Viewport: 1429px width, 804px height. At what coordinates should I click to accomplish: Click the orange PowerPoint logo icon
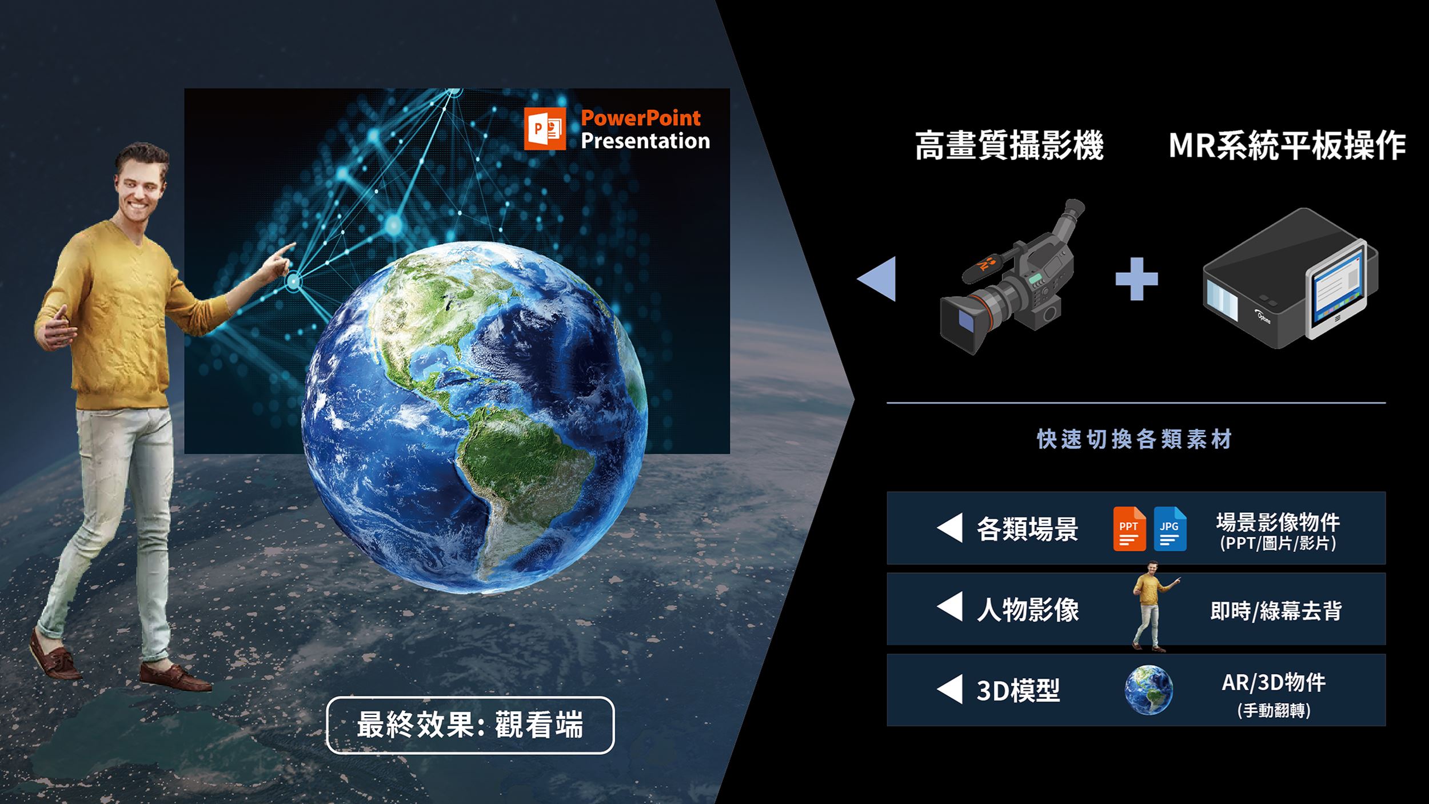point(545,129)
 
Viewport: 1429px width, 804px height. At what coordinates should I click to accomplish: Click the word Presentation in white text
point(645,141)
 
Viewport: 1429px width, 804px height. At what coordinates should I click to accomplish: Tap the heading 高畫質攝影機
point(1009,145)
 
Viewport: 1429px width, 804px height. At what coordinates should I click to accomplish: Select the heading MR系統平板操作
point(1287,145)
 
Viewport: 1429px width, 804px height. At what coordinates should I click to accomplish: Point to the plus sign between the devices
point(1136,279)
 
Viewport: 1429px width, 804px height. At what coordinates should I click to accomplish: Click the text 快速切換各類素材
point(1135,439)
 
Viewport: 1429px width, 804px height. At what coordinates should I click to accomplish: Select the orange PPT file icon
point(1129,529)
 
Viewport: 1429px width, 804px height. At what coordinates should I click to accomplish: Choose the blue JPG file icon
point(1170,529)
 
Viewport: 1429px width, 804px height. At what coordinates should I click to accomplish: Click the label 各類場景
point(1027,529)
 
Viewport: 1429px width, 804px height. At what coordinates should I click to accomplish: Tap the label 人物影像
point(1027,610)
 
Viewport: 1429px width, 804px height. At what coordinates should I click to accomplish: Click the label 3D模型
point(1018,690)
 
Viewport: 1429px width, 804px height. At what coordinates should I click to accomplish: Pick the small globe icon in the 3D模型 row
point(1148,690)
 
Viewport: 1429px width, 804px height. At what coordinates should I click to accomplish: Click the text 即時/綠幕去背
point(1276,611)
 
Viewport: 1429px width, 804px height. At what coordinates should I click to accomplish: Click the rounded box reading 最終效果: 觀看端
point(470,725)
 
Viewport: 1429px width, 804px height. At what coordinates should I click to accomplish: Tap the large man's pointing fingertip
point(293,245)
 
